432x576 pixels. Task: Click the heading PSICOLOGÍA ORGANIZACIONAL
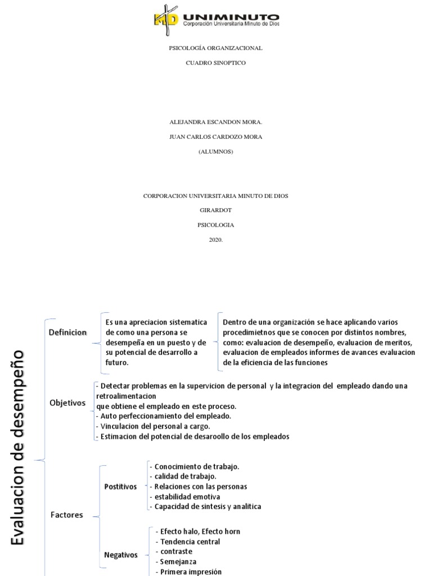tap(216, 48)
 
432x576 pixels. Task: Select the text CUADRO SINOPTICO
tap(216, 63)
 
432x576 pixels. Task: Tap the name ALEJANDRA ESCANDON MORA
tap(216, 121)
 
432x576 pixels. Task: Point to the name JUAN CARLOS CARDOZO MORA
tap(216, 137)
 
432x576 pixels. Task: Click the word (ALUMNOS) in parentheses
tap(216, 151)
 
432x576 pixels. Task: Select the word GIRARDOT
tap(216, 210)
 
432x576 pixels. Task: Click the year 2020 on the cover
tap(216, 240)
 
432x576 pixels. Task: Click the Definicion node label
tap(67, 332)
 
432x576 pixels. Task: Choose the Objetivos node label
tap(67, 403)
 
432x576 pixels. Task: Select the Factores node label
tap(66, 515)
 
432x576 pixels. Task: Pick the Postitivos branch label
tap(120, 487)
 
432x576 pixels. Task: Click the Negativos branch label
tap(120, 555)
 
